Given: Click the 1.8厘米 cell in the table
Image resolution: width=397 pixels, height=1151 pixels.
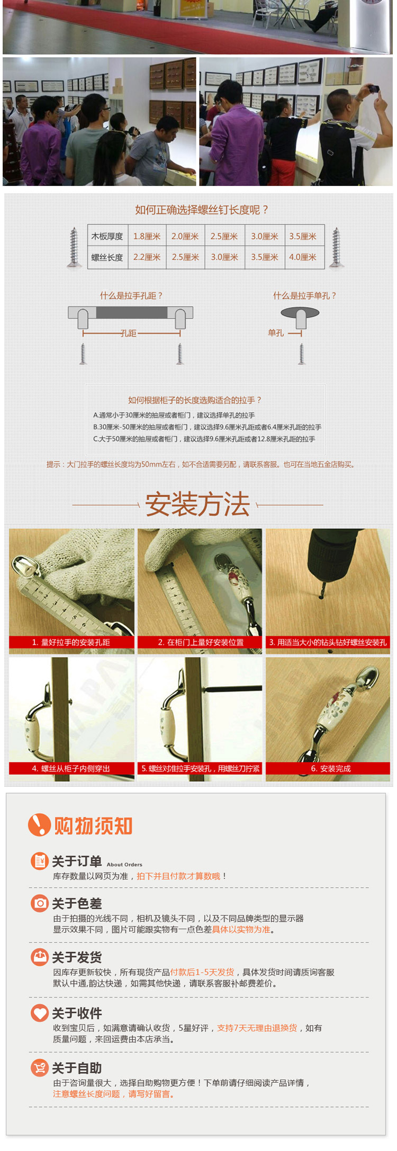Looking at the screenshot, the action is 147,236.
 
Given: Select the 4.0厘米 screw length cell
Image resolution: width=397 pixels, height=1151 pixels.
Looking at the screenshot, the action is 303,257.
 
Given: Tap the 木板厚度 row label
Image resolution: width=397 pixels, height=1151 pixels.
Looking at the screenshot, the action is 107,236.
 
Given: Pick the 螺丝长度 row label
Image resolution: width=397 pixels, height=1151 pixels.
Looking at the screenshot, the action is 107,257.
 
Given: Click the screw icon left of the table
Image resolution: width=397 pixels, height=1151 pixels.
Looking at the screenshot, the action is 74,247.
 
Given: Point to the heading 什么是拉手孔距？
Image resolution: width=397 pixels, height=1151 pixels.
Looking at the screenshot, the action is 131,295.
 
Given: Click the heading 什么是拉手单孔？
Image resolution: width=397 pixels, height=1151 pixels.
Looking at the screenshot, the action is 305,295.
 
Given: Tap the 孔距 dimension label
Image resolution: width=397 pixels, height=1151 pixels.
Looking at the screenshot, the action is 128,333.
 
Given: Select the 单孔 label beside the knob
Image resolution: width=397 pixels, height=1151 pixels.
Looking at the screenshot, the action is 276,333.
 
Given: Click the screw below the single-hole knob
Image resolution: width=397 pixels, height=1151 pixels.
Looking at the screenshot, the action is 302,354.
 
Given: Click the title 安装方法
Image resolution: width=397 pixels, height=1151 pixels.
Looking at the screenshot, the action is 197,504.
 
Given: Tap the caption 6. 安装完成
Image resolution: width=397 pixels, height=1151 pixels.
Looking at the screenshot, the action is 331,768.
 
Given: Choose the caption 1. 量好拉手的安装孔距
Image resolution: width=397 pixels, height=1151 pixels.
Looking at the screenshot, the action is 71,642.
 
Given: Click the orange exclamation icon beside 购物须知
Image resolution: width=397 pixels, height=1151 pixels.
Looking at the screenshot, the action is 39,825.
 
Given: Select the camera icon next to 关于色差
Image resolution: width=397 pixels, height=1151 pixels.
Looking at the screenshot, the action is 40,903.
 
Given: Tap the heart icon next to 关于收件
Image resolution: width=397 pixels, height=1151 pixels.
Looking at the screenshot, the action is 40,1012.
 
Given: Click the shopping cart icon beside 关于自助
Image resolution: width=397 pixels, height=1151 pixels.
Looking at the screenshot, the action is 40,1067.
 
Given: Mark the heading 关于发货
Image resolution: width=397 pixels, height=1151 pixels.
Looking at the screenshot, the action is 77,957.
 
